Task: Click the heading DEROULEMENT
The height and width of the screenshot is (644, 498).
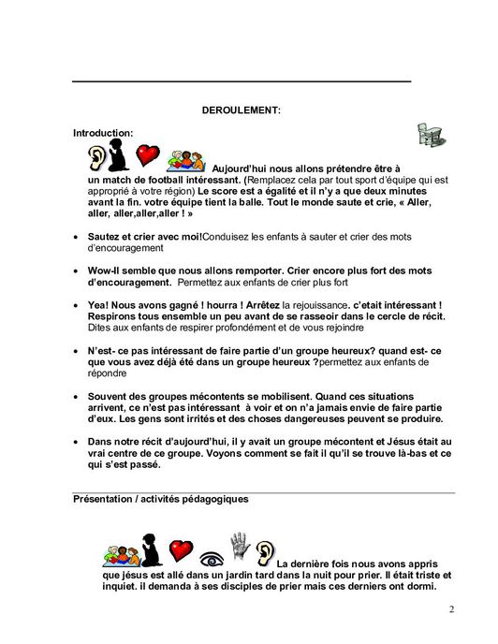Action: [242, 110]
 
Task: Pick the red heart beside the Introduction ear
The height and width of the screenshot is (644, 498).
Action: [147, 154]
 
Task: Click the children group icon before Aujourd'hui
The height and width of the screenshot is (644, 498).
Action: [191, 158]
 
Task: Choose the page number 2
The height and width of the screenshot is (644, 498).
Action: [451, 610]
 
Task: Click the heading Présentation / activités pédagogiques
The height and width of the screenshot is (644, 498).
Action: [160, 500]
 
